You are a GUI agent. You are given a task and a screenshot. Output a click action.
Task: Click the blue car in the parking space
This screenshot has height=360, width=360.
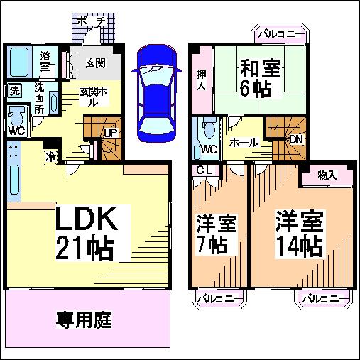pyautogui.click(x=157, y=94)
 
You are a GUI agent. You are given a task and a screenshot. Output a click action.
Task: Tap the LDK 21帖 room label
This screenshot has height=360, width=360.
pyautogui.click(x=87, y=233)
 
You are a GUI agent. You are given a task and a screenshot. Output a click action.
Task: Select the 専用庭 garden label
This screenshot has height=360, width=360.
pyautogui.click(x=84, y=320)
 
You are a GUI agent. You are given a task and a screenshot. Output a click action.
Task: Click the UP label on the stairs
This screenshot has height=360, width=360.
pyautogui.click(x=111, y=133)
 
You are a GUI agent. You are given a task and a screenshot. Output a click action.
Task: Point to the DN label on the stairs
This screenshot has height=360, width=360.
pyautogui.click(x=296, y=140)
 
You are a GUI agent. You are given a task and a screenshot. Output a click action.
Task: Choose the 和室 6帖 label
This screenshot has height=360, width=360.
pyautogui.click(x=260, y=79)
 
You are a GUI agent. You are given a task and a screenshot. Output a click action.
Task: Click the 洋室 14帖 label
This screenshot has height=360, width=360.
pyautogui.click(x=299, y=234)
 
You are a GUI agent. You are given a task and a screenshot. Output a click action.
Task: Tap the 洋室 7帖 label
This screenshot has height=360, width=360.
pyautogui.click(x=216, y=234)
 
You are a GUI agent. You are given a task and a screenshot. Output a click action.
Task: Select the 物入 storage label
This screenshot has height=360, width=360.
pyautogui.click(x=327, y=175)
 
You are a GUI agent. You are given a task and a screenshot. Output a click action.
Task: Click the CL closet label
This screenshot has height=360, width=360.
pyautogui.click(x=204, y=170)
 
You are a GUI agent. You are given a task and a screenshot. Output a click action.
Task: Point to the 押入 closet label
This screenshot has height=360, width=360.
pyautogui.click(x=201, y=80)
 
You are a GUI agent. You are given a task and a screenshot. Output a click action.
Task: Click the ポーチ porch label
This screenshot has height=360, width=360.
pyautogui.click(x=92, y=22)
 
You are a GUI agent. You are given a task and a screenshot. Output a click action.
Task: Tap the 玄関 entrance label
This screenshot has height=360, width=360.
pyautogui.click(x=95, y=63)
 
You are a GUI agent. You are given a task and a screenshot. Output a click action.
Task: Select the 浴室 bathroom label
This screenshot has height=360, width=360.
pyautogui.click(x=45, y=61)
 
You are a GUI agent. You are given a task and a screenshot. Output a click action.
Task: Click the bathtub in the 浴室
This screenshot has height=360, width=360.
pyautogui.click(x=20, y=62)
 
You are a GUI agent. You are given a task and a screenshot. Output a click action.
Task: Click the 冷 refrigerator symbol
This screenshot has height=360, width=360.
pyautogui.click(x=50, y=157)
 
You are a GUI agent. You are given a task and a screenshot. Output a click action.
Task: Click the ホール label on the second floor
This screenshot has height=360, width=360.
pyautogui.click(x=244, y=143)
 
